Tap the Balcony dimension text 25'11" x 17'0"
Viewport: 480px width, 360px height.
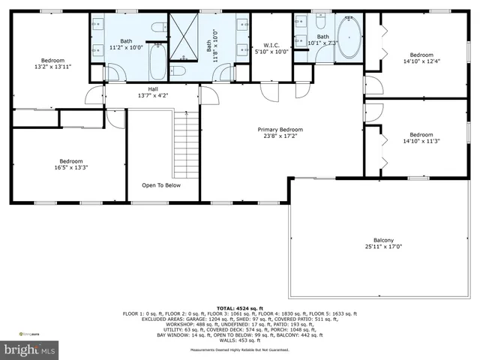[x=383, y=246]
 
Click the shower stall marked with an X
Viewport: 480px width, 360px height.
[x=180, y=37]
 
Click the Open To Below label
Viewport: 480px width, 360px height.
[x=161, y=184]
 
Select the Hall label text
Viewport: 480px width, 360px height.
[x=152, y=92]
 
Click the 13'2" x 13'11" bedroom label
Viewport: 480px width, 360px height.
[x=52, y=64]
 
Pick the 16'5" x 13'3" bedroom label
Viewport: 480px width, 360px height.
[x=72, y=164]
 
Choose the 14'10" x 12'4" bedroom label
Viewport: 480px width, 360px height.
[x=421, y=58]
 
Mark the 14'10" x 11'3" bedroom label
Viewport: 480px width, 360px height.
[x=421, y=139]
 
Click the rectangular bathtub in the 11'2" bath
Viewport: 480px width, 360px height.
[x=157, y=62]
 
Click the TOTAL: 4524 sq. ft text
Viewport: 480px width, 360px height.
[x=240, y=308]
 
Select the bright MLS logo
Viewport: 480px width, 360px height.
[x=29, y=349]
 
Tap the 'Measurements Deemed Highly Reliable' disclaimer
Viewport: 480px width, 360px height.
[x=240, y=350]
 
